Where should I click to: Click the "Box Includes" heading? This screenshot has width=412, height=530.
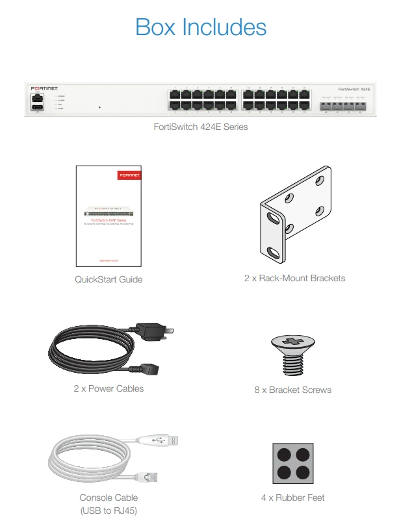[201, 27]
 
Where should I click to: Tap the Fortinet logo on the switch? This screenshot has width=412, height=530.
[45, 87]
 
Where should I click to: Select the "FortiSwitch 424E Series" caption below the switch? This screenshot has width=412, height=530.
[200, 127]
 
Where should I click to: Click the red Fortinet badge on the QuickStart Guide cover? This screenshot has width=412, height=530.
[128, 176]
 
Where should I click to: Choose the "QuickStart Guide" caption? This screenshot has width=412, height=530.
[109, 279]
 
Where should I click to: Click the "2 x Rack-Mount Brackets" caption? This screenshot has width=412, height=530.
[294, 278]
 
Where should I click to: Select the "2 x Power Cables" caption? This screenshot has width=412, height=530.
[109, 388]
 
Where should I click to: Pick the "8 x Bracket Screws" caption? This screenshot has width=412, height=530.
[293, 390]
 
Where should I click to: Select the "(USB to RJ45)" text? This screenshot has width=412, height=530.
[109, 510]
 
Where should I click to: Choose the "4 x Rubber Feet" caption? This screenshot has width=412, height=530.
[292, 498]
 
